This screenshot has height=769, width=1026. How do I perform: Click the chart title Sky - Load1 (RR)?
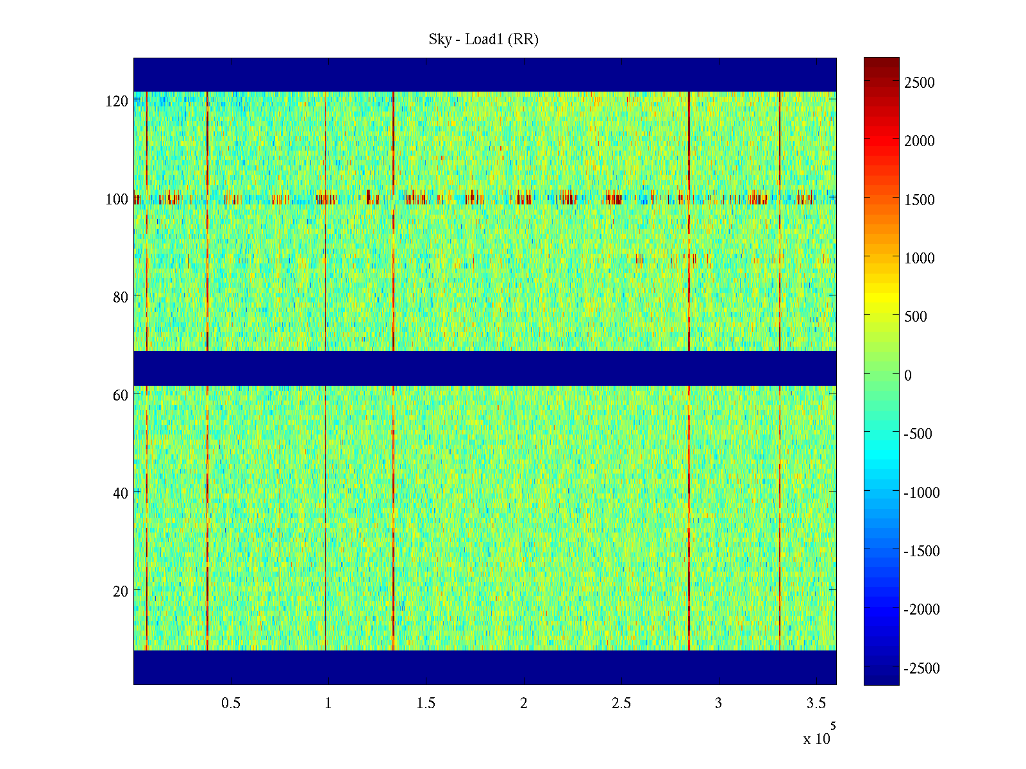coord(484,40)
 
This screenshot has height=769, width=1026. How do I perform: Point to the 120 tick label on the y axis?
coord(117,101)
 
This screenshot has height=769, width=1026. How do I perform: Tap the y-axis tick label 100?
coord(117,199)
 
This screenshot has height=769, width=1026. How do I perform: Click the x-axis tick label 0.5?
coord(231,704)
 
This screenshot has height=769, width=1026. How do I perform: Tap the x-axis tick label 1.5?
coord(426,704)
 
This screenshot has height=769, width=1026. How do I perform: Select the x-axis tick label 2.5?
coord(621,704)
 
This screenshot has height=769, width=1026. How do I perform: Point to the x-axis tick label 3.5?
coord(816,704)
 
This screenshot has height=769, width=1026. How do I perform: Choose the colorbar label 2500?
coord(919,83)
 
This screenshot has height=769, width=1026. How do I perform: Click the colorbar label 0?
coord(907,376)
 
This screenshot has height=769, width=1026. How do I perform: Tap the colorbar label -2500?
coord(921,668)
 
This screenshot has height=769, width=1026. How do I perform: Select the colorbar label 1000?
coord(919,258)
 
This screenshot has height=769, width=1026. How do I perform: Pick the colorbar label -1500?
coord(921,551)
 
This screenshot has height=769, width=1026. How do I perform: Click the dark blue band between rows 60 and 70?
coord(485,368)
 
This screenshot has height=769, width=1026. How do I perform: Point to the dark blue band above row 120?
coord(485,74)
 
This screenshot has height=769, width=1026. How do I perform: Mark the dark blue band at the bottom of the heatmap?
coord(485,667)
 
